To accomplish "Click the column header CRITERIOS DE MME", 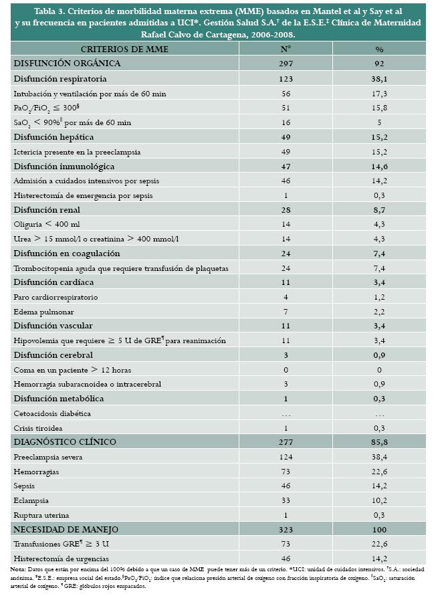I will coord(124,49).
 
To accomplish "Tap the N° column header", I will coord(285,49).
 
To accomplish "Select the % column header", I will coord(379,49).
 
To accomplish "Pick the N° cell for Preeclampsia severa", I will coord(285,457).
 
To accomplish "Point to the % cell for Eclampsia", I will coord(379,500).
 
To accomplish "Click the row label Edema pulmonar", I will coord(44,312).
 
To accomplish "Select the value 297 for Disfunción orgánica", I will coord(285,64).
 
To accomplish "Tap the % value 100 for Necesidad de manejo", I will coord(379,530).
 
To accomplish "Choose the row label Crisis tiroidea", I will coord(41,428).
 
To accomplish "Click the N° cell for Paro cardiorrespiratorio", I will coord(285,297).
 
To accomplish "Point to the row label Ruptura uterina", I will coord(43,515).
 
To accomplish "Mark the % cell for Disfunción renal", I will coord(379,209).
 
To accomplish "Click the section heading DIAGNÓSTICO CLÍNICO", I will coord(65,442).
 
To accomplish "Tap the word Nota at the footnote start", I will coord(18,569).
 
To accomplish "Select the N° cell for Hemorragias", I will coord(285,472).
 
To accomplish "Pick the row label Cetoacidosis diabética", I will coord(52,413).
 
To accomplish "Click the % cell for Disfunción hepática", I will coord(379,136).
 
